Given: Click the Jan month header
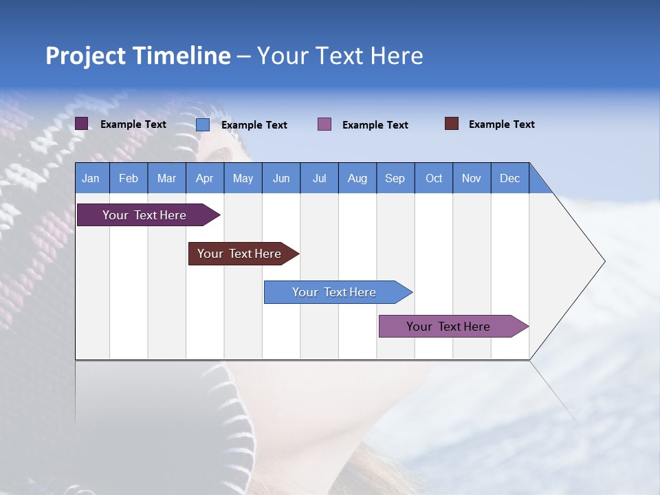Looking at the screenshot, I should (91, 178).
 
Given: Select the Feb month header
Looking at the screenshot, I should (129, 178).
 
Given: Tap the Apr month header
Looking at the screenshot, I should (204, 178).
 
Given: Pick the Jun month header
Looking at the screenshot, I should (281, 178).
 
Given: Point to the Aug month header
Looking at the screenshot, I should (357, 178).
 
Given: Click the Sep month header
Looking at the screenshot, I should (395, 178).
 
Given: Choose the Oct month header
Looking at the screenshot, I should (434, 178).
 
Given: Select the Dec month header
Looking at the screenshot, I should (509, 178).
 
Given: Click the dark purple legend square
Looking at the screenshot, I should (81, 124).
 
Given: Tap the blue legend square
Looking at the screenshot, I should (203, 124).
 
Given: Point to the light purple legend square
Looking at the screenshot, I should (324, 124).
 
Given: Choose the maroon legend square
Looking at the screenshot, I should (451, 124).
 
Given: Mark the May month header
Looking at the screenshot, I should (243, 178).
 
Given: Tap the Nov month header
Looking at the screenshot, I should (472, 178).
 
